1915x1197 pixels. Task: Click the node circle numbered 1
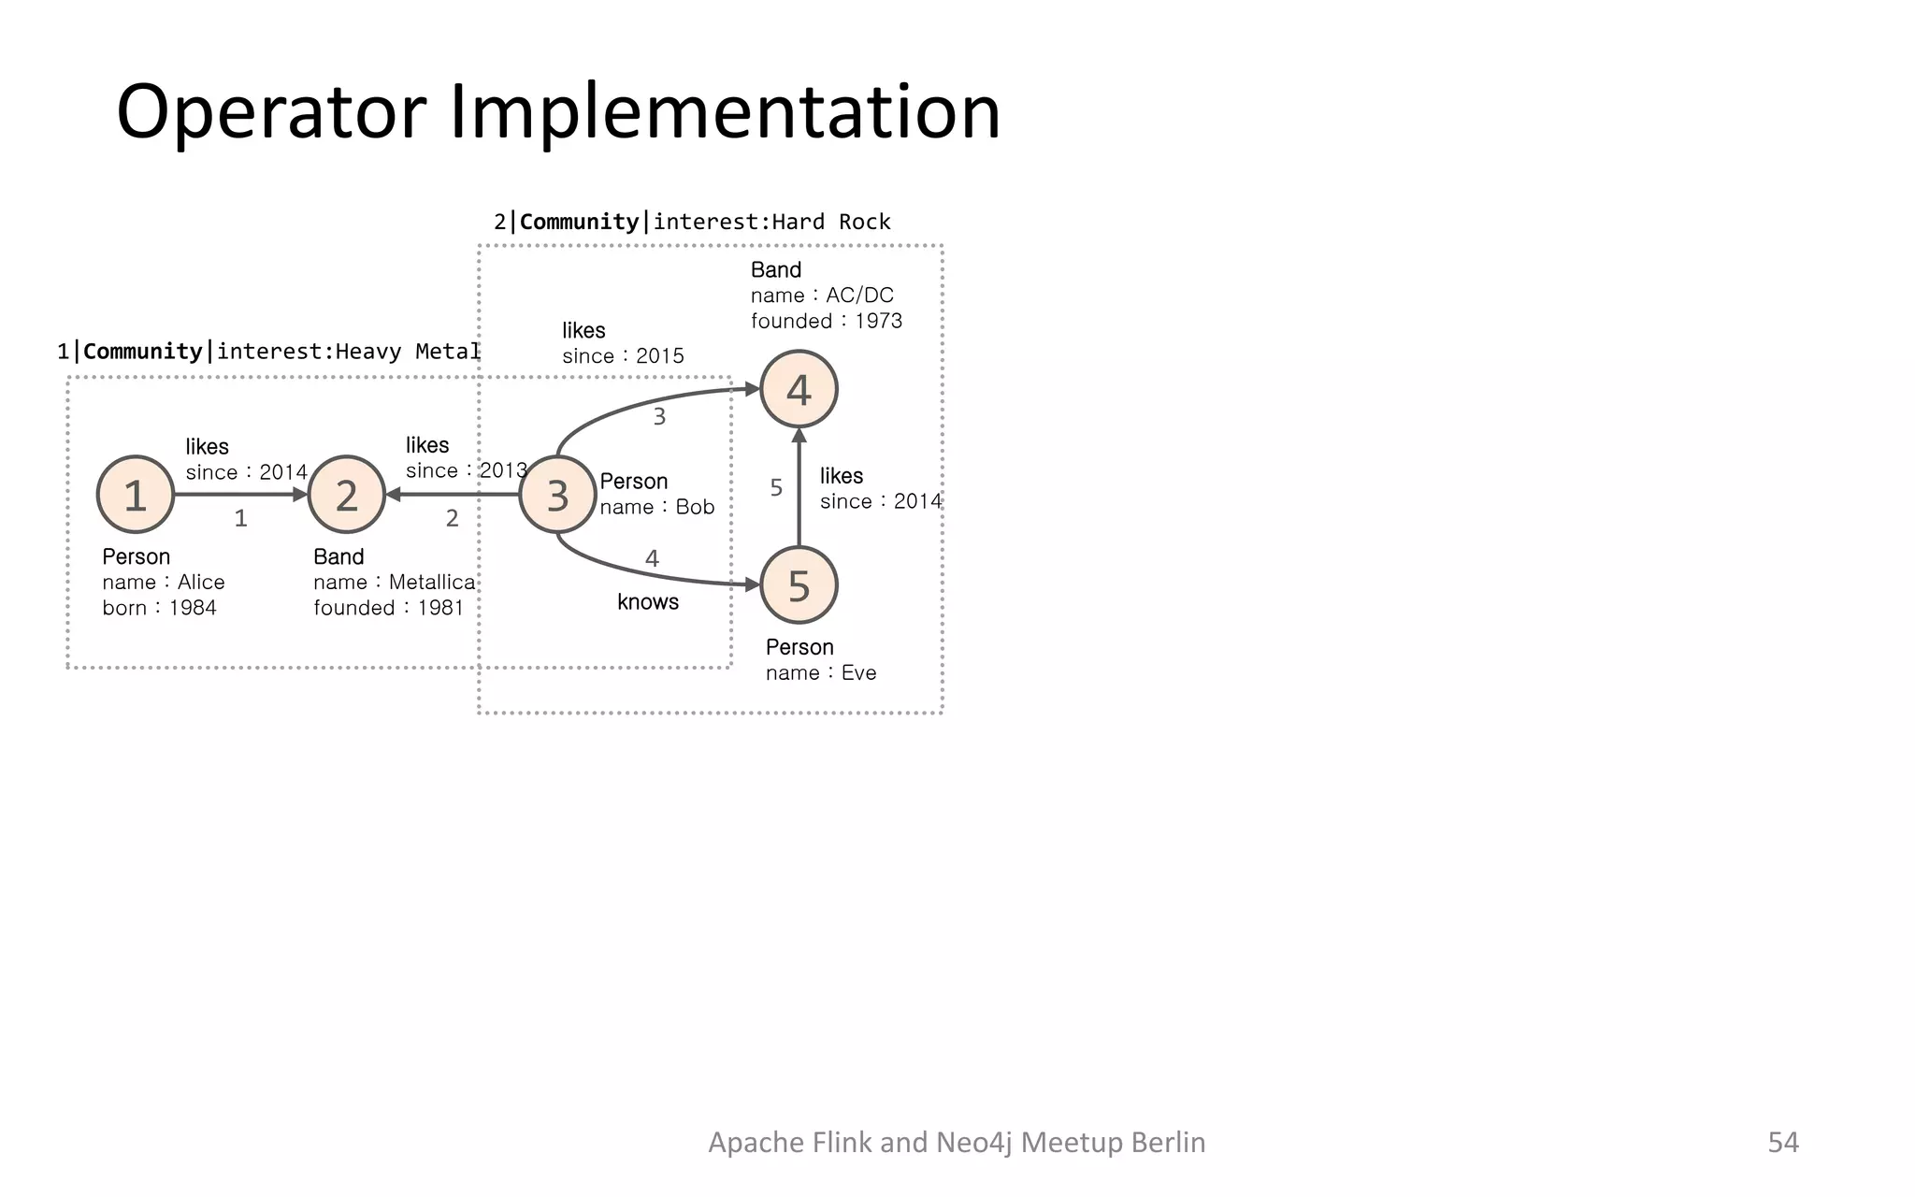click(136, 495)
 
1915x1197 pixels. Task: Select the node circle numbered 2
click(347, 495)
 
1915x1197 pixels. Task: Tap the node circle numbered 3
click(557, 495)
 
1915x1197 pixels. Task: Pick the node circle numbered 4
click(799, 389)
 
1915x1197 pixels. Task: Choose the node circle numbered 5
click(799, 585)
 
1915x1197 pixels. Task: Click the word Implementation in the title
click(725, 112)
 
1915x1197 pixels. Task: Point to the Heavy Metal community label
click(269, 352)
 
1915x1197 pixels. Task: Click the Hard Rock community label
click(692, 223)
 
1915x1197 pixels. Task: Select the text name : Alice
click(164, 583)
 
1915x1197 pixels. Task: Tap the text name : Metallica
click(394, 583)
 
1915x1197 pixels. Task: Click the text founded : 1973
click(826, 321)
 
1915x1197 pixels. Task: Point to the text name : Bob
click(656, 507)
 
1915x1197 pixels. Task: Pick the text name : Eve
click(820, 673)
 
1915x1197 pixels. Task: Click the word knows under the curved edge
click(647, 602)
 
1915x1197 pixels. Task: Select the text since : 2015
click(623, 356)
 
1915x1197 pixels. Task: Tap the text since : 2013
click(466, 470)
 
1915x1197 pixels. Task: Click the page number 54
click(1782, 1142)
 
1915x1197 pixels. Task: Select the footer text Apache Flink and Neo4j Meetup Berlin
click(957, 1142)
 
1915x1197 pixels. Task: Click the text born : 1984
click(159, 608)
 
